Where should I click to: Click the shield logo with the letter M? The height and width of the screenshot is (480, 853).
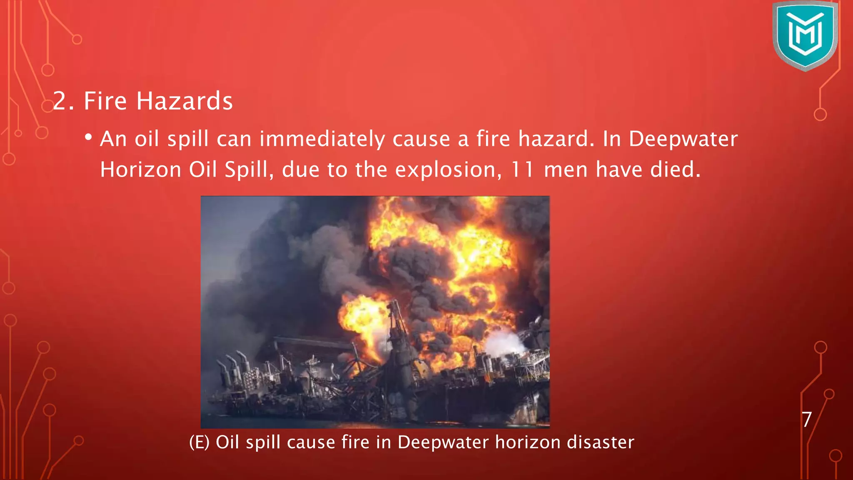pos(805,35)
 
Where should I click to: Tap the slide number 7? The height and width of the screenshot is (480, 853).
pos(807,419)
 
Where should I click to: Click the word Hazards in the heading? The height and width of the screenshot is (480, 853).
pos(185,101)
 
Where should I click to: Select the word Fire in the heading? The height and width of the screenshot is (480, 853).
pos(105,101)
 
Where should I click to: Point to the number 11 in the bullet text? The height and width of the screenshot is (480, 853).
pos(522,170)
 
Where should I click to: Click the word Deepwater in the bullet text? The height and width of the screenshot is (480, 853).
pos(683,139)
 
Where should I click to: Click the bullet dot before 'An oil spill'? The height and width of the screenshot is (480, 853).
pos(88,137)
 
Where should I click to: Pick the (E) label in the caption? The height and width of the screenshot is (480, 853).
pos(199,442)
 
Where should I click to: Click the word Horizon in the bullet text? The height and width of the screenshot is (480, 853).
pos(140,170)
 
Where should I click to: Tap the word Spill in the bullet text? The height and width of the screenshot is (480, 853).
pos(246,170)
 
